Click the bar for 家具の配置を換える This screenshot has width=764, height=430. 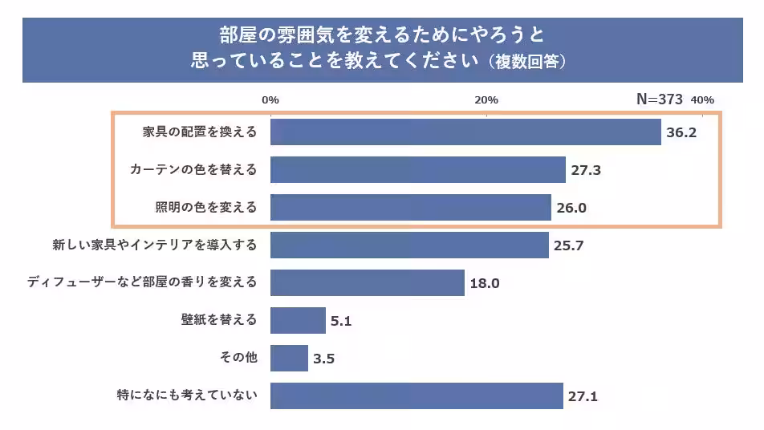pyautogui.click(x=465, y=132)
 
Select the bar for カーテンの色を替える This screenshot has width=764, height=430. pyautogui.click(x=418, y=170)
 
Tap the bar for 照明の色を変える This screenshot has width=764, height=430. pyautogui.click(x=410, y=207)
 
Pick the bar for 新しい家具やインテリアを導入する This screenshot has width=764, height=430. pyautogui.click(x=409, y=245)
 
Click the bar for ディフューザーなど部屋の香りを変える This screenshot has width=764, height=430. pyautogui.click(x=367, y=282)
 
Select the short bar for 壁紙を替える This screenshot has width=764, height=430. pyautogui.click(x=298, y=320)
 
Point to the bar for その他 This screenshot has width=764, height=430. pyautogui.click(x=289, y=358)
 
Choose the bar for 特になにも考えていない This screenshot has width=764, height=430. pyautogui.click(x=417, y=396)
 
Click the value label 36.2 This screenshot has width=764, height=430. pyautogui.click(x=681, y=132)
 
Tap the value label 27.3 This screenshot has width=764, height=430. pyautogui.click(x=586, y=170)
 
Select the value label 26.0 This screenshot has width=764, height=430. pyautogui.click(x=571, y=208)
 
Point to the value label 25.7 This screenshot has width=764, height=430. pyautogui.click(x=568, y=245)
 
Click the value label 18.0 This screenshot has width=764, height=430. pyautogui.click(x=485, y=283)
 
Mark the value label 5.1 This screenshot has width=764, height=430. pyautogui.click(x=341, y=321)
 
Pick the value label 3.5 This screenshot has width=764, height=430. pyautogui.click(x=323, y=359)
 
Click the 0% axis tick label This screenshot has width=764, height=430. pyautogui.click(x=270, y=99)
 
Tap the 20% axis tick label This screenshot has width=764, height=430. pyautogui.click(x=486, y=99)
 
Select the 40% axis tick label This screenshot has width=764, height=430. pyautogui.click(x=702, y=99)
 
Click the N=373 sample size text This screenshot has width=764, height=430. pyautogui.click(x=659, y=99)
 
